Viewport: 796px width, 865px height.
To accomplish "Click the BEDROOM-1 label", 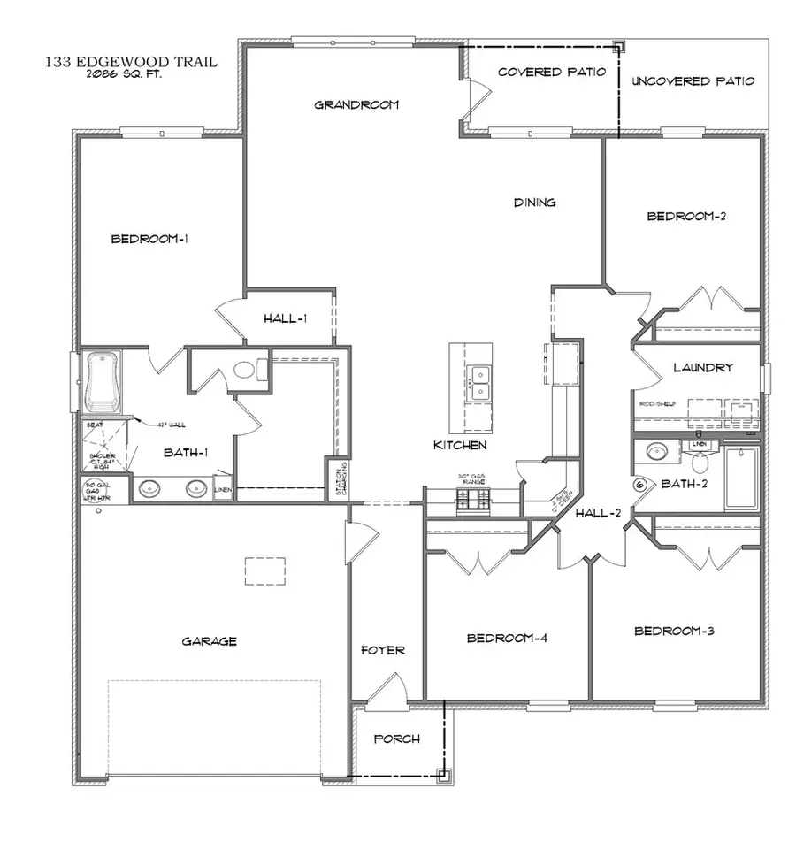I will (x=149, y=239).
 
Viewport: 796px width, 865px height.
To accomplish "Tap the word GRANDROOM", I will (x=356, y=104).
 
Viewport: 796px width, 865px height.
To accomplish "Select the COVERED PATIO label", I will (x=552, y=72).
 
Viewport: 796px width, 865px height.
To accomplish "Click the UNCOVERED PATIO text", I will (x=693, y=81).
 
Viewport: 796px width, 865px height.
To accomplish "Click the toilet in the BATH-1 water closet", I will (x=245, y=370).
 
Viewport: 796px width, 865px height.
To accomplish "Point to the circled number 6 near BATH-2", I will (x=640, y=484).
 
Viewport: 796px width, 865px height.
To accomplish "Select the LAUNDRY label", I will (x=702, y=367).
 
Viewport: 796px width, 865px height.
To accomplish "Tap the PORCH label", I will (x=396, y=739).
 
